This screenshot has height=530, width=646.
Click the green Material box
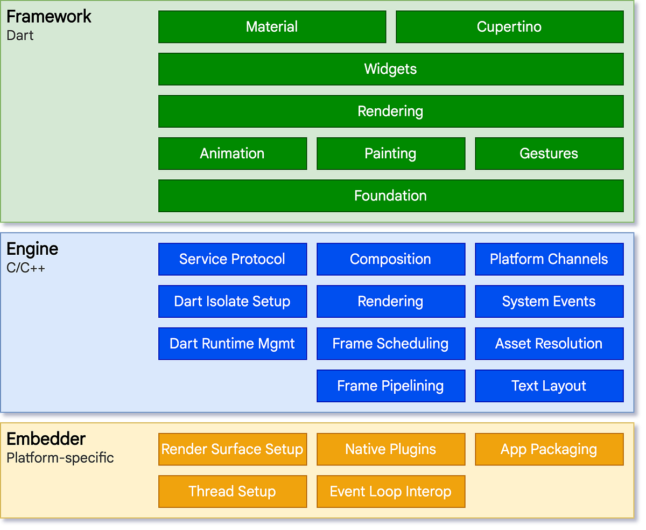pos(272,27)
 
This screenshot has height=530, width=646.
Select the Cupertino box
pos(509,27)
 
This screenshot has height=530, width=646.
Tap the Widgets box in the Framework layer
pos(390,69)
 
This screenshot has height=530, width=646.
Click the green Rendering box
pos(390,111)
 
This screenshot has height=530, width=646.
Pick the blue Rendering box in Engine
pos(390,301)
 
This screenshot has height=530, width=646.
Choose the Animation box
pos(232,154)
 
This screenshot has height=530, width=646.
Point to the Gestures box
pos(549,154)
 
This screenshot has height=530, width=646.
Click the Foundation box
pos(390,196)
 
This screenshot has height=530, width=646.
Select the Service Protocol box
pos(232,259)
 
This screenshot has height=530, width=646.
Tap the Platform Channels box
pos(549,259)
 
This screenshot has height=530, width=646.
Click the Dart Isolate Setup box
pos(232,301)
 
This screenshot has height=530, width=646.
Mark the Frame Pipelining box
pos(390,386)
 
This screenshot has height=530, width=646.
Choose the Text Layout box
pos(549,386)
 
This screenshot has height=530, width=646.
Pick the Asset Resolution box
pos(549,344)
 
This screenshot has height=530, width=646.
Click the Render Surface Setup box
pos(232,449)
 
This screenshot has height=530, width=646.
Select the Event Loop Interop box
pos(390,491)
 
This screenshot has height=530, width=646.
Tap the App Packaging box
pos(549,449)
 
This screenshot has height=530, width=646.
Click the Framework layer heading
pos(49,17)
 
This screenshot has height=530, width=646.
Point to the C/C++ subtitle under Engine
pos(26,267)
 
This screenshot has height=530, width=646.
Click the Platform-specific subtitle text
pos(60,458)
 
